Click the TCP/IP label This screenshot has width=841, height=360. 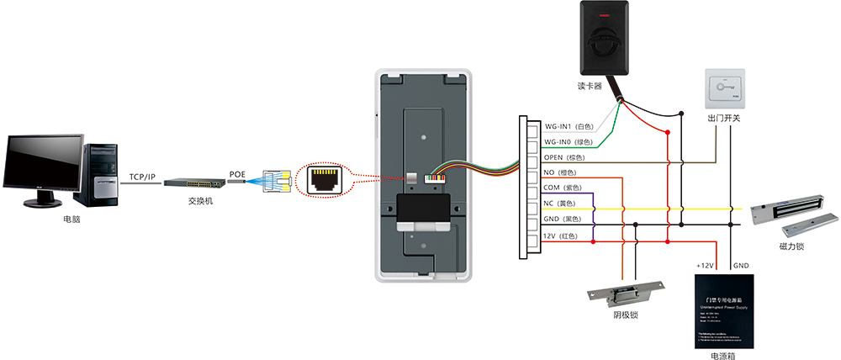click(x=143, y=177)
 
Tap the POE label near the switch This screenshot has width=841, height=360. click(x=238, y=175)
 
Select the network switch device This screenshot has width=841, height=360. click(x=193, y=182)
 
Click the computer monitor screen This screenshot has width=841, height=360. click(x=45, y=163)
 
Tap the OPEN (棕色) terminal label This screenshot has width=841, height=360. click(x=563, y=156)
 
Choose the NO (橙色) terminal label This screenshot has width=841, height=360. click(x=560, y=172)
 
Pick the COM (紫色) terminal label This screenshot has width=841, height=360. click(x=563, y=188)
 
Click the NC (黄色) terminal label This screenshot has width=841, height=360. click(x=560, y=204)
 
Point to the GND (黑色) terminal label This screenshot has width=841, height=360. click(x=563, y=220)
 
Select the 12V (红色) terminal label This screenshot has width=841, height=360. click(x=561, y=236)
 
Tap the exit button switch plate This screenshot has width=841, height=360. click(x=724, y=88)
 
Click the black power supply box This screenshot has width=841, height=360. click(x=723, y=311)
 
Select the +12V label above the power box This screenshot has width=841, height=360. click(x=705, y=266)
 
